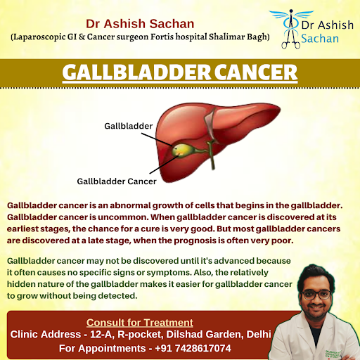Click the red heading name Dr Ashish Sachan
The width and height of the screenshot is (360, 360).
pyautogui.click(x=140, y=24)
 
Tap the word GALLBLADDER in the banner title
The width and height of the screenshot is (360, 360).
pyautogui.click(x=136, y=72)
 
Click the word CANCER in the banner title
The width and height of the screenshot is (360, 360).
pyautogui.click(x=256, y=72)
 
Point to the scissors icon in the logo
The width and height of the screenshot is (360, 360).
pyautogui.click(x=291, y=39)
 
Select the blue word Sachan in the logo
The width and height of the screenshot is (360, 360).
pyautogui.click(x=320, y=39)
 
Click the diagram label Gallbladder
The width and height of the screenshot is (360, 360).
pyautogui.click(x=129, y=126)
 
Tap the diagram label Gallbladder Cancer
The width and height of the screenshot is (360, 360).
pyautogui.click(x=117, y=181)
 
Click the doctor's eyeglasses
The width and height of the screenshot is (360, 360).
pyautogui.click(x=316, y=295)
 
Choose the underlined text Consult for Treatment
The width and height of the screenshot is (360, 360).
pyautogui.click(x=140, y=323)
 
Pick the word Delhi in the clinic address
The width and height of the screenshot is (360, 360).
pyautogui.click(x=259, y=335)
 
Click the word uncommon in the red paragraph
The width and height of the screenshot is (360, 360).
pyautogui.click(x=124, y=217)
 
